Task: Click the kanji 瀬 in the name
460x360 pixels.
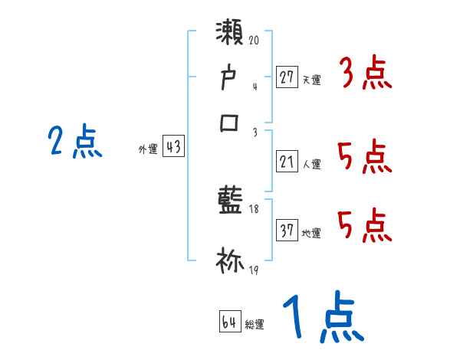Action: (231, 34)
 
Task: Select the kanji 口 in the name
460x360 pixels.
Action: (231, 123)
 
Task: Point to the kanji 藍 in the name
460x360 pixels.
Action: (231, 201)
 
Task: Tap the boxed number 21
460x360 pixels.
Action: (287, 162)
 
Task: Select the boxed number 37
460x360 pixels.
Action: (287, 231)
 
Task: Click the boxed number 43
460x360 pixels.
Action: (173, 148)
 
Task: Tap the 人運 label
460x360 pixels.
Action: (311, 164)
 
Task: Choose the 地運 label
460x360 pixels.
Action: (311, 233)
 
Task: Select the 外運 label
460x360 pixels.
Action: (147, 150)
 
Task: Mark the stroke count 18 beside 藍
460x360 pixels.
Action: (254, 209)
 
